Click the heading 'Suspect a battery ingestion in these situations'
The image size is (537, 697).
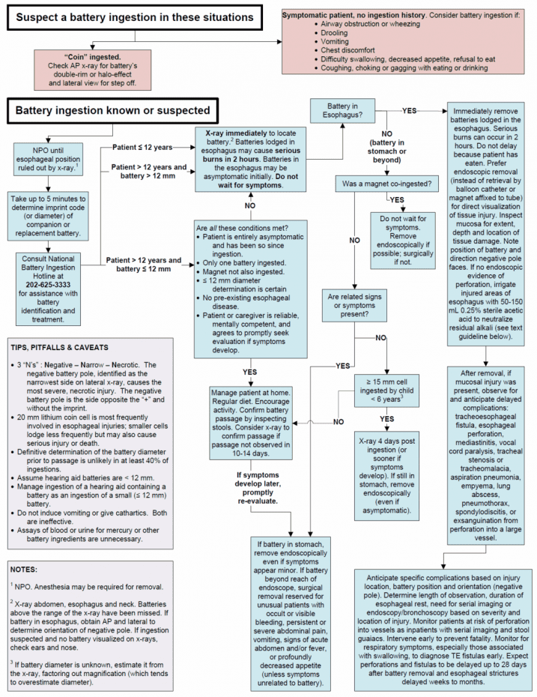point(134,16)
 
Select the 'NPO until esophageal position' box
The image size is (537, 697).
point(48,157)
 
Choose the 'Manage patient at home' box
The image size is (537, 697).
point(252,424)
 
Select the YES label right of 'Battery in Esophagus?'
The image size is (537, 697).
point(410,111)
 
